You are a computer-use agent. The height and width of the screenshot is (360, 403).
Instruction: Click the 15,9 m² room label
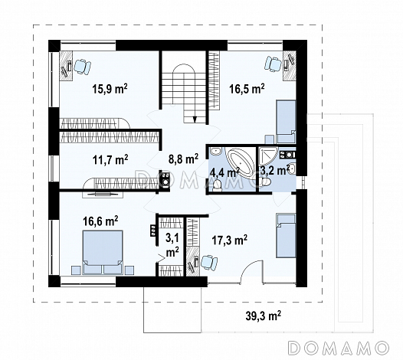(110, 89)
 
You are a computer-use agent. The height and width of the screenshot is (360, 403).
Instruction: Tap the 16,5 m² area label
(247, 89)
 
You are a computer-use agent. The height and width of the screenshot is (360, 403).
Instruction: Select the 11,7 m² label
(110, 159)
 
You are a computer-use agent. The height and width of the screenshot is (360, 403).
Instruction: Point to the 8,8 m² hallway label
(183, 159)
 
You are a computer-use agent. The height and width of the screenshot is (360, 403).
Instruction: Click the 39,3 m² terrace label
(264, 316)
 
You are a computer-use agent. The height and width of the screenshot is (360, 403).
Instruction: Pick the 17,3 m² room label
(230, 241)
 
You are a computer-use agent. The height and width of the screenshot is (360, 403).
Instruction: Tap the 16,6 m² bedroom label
(100, 221)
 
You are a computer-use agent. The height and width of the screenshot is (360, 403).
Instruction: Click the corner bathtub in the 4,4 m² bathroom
(240, 162)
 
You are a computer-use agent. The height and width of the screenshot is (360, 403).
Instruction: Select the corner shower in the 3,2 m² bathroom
(268, 155)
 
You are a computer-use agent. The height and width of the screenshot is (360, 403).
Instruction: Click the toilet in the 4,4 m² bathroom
(218, 185)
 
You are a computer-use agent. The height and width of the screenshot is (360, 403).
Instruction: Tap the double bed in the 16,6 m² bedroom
(103, 252)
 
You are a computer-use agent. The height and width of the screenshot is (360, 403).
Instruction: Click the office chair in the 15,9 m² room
(82, 67)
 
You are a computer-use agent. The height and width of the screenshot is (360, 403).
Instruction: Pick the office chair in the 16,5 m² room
(273, 64)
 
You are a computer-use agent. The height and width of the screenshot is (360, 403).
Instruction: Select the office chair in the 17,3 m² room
(209, 263)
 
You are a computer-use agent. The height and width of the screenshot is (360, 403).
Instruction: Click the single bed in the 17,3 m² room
(286, 235)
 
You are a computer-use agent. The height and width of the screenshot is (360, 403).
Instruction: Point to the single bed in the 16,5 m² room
(286, 122)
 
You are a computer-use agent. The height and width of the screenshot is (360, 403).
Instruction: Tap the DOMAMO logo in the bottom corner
(338, 349)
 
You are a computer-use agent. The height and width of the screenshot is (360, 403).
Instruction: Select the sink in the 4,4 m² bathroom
(215, 151)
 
